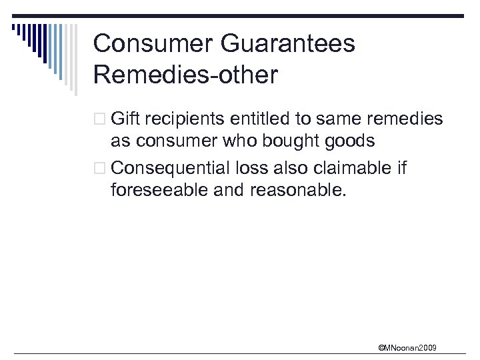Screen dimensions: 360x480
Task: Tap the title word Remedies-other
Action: (185, 75)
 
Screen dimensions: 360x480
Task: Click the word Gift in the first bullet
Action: (125, 119)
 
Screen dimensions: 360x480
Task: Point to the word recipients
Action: (184, 119)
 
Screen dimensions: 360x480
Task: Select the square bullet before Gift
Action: (100, 120)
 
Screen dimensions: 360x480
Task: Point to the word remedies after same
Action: (405, 119)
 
